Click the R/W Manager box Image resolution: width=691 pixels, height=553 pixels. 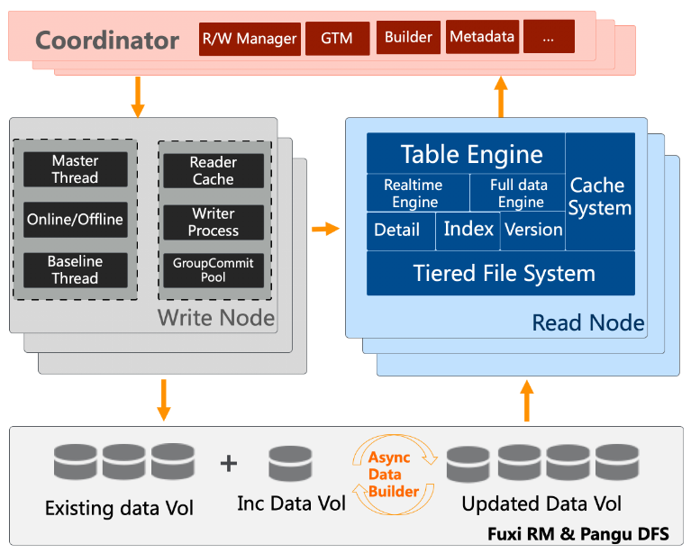coord(250,40)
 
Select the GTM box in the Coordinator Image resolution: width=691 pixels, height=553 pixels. coord(338,39)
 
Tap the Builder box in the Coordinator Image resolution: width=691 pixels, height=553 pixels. coord(408,38)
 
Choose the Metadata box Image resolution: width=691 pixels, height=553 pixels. coord(482,37)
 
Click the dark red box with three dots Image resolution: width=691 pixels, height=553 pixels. coord(549,37)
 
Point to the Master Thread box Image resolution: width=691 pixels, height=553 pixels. coord(76,169)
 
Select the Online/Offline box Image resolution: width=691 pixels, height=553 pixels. coord(76,220)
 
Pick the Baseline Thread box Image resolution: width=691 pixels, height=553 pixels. coord(76,270)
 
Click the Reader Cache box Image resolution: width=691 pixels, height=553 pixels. coord(214,171)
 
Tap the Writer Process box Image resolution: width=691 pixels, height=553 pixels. coord(214,222)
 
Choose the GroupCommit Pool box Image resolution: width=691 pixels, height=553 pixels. coord(214,270)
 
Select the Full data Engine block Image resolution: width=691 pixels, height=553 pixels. coord(517,193)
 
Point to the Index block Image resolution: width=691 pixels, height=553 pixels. coord(468,231)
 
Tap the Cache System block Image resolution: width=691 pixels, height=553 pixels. coord(600,192)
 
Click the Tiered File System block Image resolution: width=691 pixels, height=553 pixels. coord(501,273)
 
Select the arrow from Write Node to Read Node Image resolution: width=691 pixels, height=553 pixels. coord(325,229)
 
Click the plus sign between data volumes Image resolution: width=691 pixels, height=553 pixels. coord(228,463)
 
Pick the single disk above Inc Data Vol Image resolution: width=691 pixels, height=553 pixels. coord(290,463)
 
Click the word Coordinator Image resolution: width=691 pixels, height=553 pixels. coord(107,41)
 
